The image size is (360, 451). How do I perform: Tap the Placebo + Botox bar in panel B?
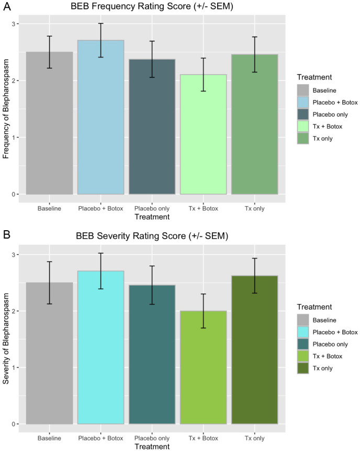(101, 347)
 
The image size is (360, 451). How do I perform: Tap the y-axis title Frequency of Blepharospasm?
(7, 108)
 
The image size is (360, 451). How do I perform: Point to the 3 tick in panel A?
(15, 24)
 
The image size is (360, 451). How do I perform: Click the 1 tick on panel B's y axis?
(15, 367)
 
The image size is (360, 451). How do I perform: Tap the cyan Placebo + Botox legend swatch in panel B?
(303, 332)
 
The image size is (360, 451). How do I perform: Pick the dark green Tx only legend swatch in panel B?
(303, 368)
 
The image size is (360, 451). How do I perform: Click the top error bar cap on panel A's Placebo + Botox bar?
(101, 23)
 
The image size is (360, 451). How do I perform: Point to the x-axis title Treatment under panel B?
(151, 447)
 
